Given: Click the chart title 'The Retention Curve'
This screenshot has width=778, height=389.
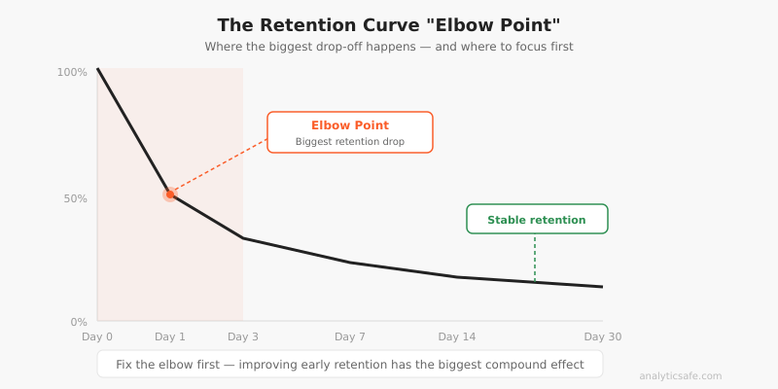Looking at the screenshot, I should [388, 25].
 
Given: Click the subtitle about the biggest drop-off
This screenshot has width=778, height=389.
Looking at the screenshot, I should [388, 47].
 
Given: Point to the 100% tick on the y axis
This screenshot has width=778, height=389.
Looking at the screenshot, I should [72, 72].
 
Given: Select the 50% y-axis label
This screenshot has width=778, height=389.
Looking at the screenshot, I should [75, 198].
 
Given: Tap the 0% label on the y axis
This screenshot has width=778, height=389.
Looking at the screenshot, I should [79, 322].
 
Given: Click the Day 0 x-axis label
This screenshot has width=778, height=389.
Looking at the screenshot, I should [97, 336].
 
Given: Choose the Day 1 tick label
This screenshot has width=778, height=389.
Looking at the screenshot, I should [170, 336].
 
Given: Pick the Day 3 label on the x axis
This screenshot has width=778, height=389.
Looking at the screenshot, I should [243, 336].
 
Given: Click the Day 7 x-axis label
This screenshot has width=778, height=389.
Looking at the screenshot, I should [350, 336].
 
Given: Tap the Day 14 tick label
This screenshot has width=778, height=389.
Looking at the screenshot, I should [457, 336].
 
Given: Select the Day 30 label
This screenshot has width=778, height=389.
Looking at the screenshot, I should [602, 336].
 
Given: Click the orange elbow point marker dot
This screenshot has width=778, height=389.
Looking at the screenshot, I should [170, 194].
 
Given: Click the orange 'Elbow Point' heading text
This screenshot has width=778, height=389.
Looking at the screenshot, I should [350, 125].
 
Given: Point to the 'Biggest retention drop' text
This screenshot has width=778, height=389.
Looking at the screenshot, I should [350, 142].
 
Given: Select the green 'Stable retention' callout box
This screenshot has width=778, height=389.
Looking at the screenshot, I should [537, 219].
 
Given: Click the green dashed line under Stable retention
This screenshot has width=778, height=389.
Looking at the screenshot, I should [535, 258].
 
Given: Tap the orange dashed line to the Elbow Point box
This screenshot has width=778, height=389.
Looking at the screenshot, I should [219, 166].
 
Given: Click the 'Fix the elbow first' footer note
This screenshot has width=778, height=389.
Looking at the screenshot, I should [350, 365].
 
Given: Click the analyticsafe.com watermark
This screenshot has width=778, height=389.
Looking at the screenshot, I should [681, 376].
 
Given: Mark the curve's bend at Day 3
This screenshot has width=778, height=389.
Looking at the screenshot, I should [243, 238].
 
